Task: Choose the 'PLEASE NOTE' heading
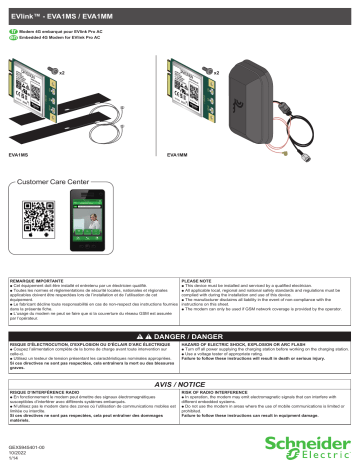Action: coord(201,284)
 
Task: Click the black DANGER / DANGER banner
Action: coord(180,339)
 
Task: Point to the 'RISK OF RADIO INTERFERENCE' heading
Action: coord(228,392)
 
